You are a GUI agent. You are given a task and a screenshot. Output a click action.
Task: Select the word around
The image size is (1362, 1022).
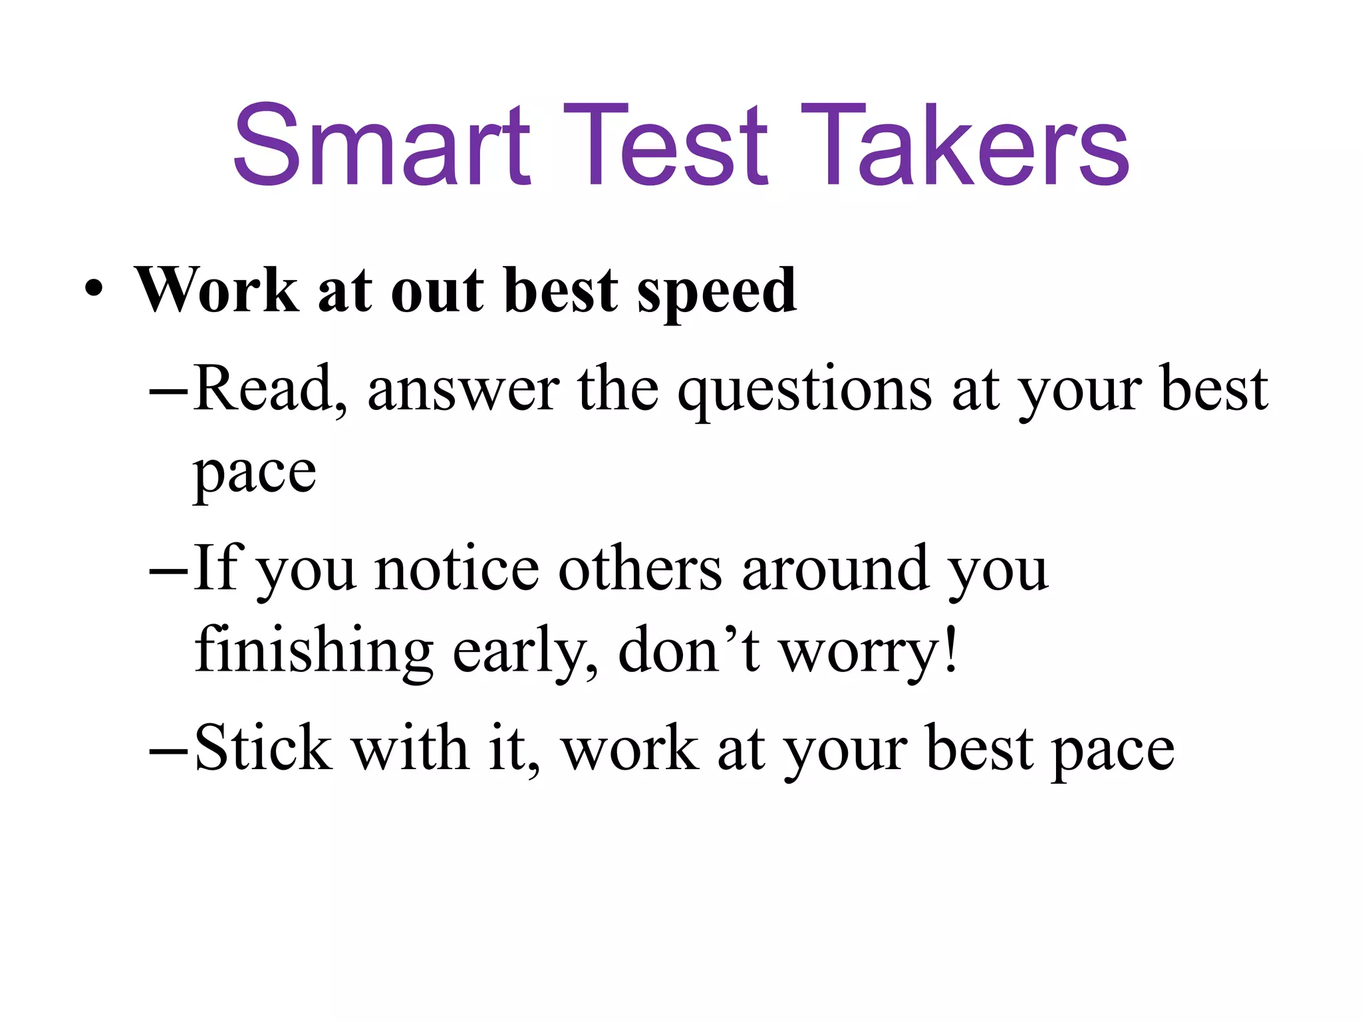835,570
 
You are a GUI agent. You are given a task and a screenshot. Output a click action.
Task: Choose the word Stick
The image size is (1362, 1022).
263,749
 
